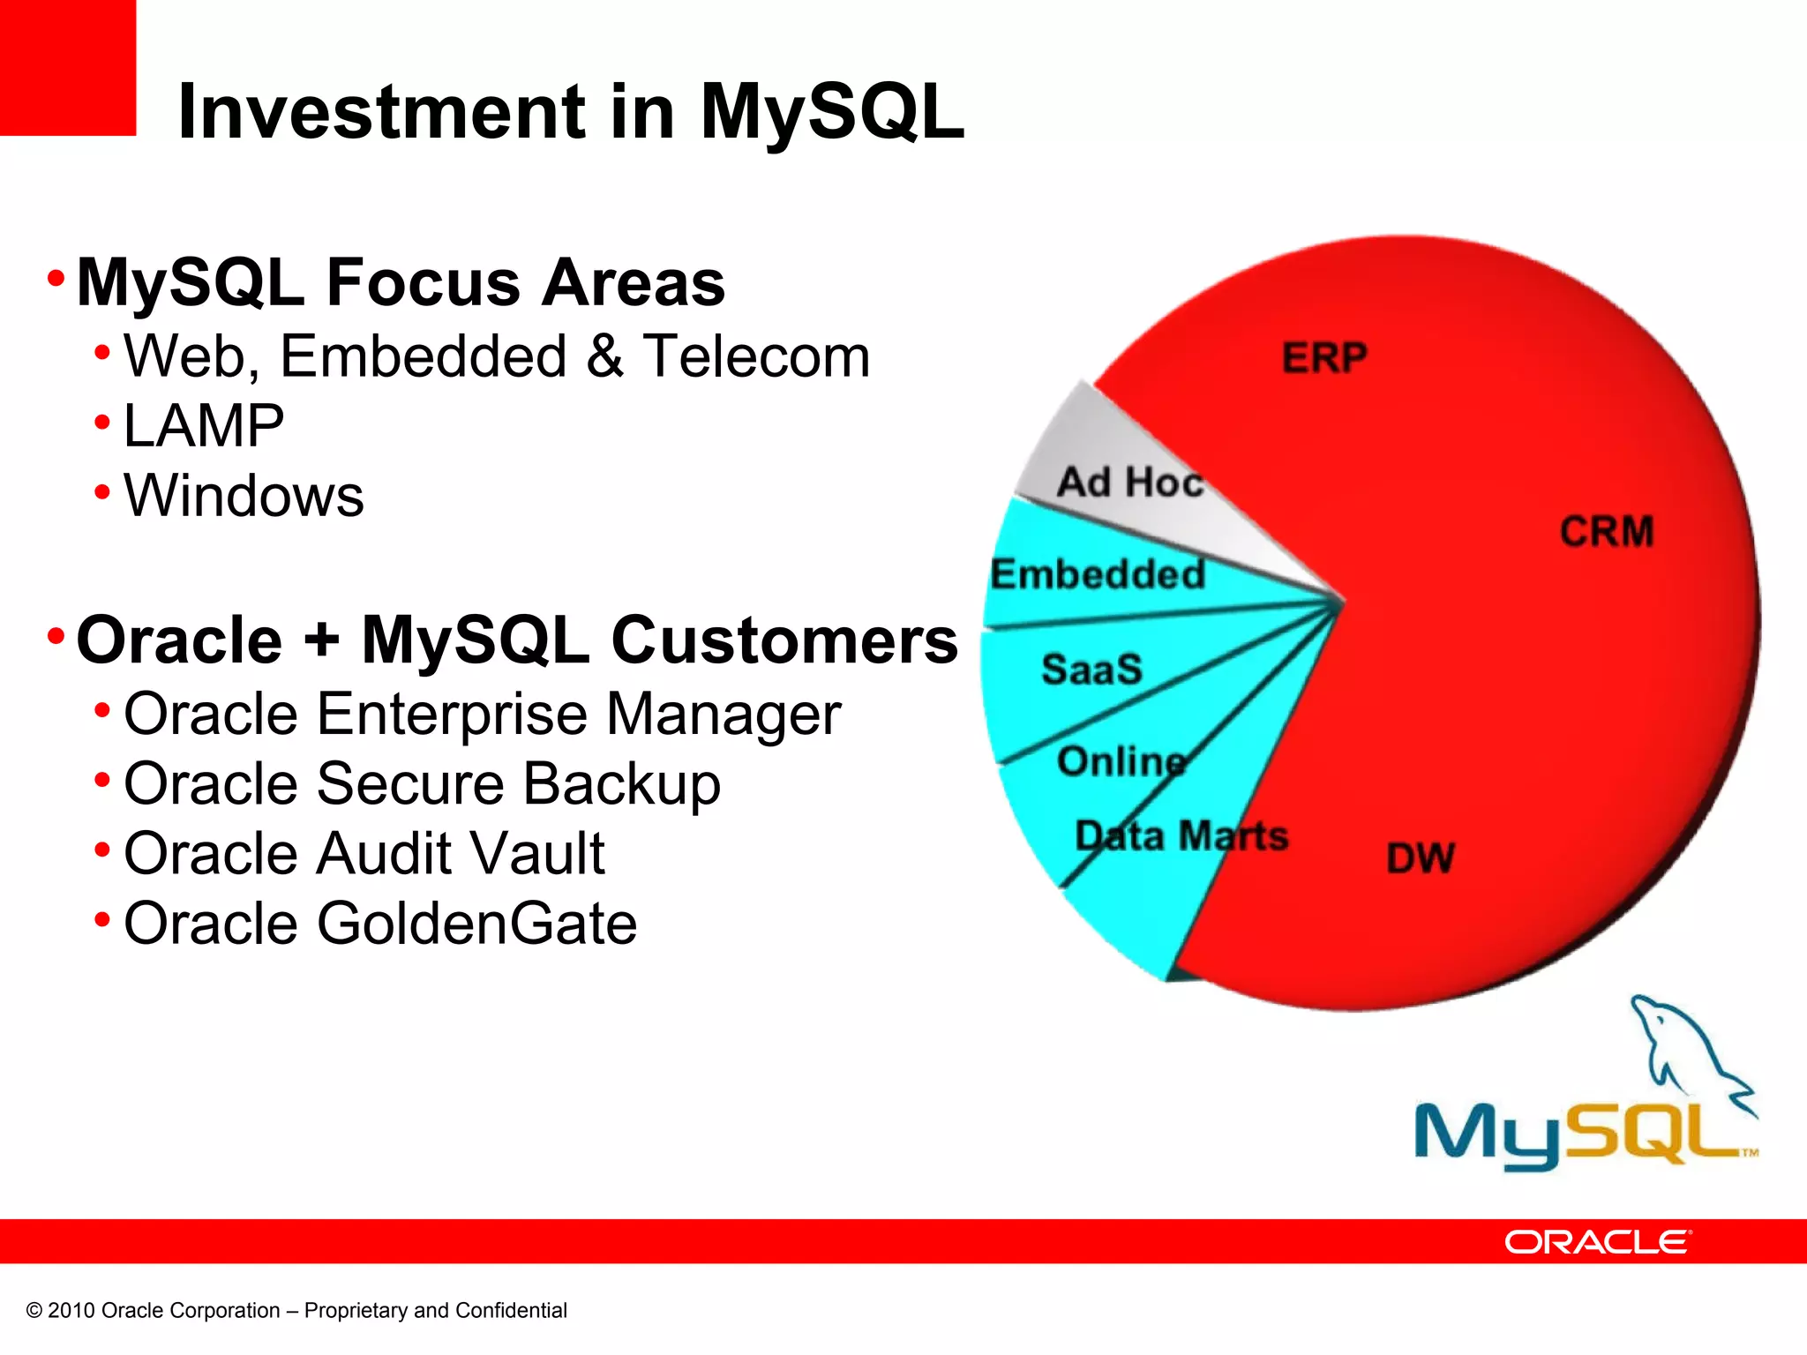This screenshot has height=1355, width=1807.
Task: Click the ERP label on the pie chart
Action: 1324,358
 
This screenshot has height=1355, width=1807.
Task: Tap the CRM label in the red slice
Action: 1606,532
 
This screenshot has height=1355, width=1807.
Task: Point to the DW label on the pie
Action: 1420,858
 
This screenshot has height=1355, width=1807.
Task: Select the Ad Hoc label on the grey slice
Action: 1130,483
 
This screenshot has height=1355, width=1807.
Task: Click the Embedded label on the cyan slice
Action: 1098,574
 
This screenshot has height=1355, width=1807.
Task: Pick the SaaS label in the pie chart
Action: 1091,669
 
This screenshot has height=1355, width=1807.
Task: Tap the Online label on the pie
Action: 1121,761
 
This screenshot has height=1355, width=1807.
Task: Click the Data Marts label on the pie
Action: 1181,835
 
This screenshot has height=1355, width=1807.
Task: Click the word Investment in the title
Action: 381,112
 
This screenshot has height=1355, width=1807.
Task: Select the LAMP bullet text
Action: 204,426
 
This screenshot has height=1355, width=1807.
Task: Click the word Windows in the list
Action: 244,496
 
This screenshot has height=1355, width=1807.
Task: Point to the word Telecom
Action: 756,356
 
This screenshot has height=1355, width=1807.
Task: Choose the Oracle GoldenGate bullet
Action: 380,924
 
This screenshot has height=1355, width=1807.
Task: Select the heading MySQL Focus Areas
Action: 401,283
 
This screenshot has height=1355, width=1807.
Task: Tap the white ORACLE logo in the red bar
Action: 1598,1242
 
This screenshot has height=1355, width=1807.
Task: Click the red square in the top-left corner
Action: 67,67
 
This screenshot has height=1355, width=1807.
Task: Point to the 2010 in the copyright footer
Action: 71,1311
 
